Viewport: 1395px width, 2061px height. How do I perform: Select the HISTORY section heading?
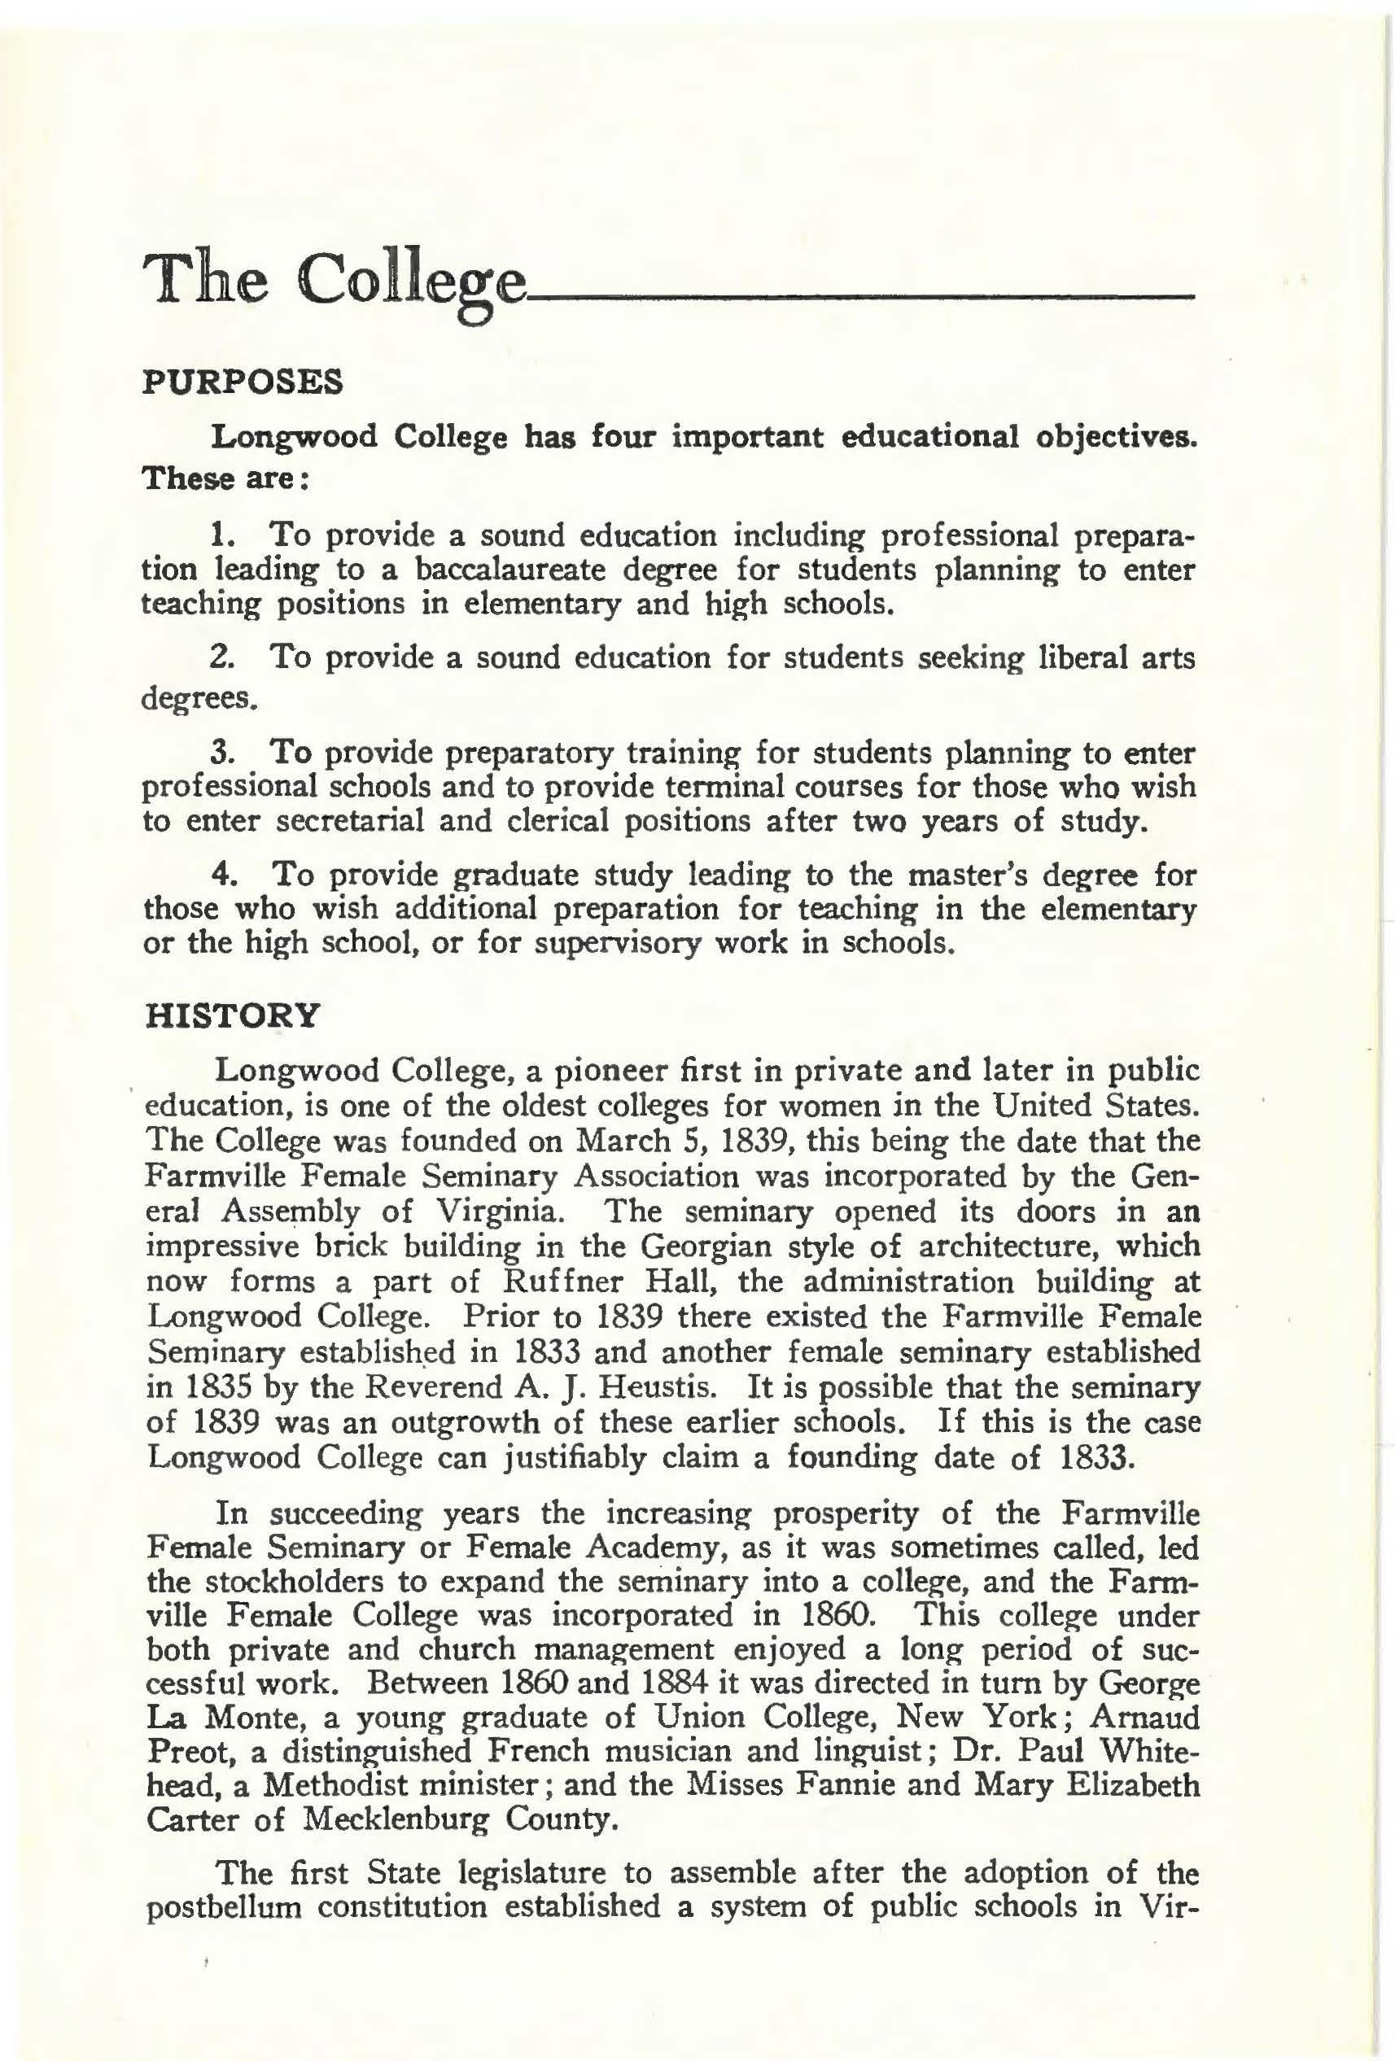pos(230,1015)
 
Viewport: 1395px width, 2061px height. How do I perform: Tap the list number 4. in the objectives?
pos(225,875)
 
